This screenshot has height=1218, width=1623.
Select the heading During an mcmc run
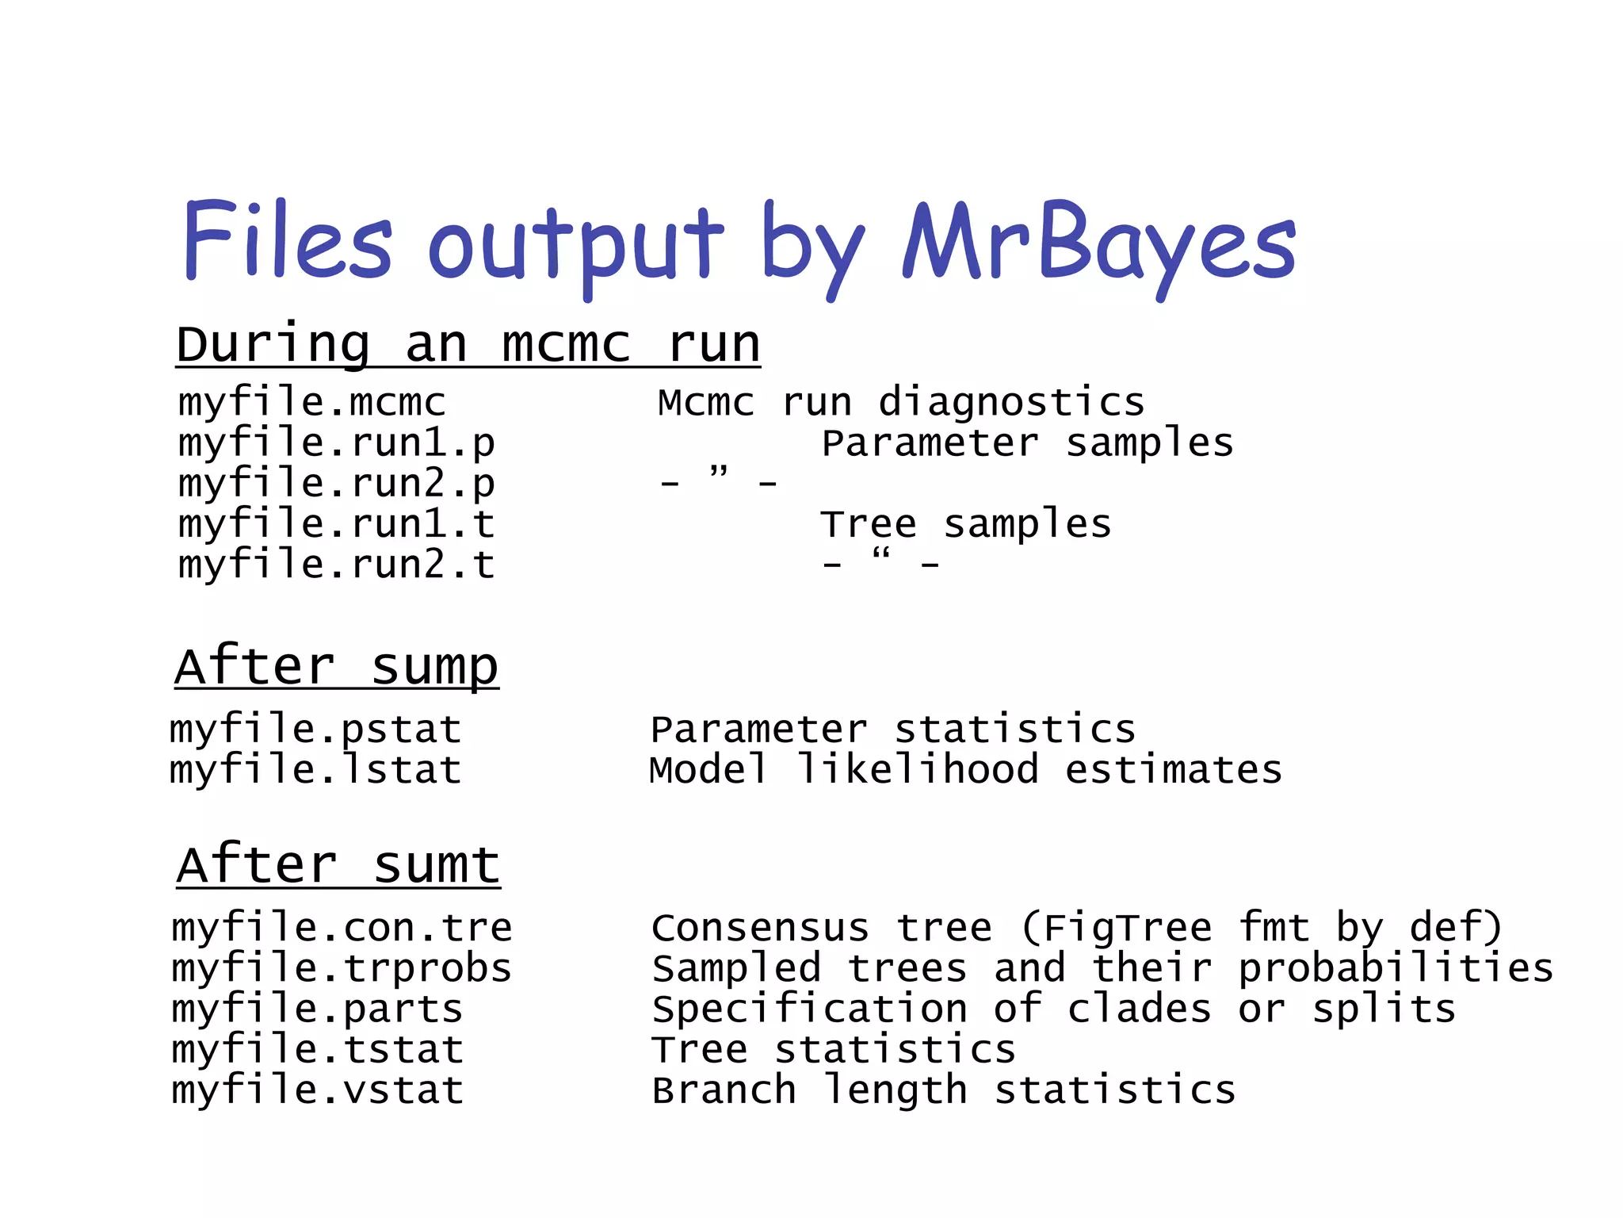468,346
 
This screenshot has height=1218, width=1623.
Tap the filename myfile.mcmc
312,402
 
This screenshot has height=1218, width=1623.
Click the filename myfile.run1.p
337,443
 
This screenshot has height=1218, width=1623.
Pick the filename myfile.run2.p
337,484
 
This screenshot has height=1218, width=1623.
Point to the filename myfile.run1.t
337,524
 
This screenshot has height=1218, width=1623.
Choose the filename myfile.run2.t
337,565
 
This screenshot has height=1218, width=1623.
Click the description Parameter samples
1027,443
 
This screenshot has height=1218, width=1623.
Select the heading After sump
337,667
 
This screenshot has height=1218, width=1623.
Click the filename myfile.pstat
316,730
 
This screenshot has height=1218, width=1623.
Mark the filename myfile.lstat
316,770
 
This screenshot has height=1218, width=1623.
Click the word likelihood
918,770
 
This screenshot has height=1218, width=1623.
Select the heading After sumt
338,865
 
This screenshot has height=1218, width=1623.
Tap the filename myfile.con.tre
342,928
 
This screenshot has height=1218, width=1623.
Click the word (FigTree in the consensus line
1117,928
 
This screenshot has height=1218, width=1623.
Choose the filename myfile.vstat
318,1090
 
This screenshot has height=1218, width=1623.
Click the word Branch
724,1090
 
